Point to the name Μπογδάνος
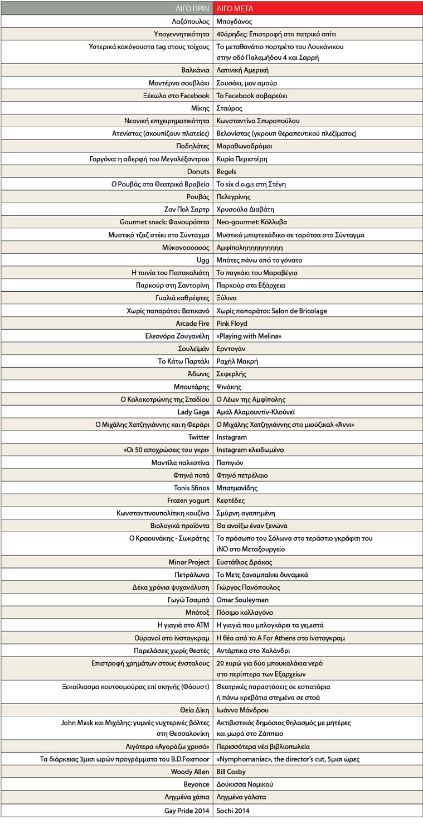(x=234, y=22)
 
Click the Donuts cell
(x=198, y=171)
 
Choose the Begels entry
(x=226, y=171)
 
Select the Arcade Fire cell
(x=192, y=323)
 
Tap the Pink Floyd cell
(x=232, y=323)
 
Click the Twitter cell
(x=198, y=437)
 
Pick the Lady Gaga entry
(x=193, y=412)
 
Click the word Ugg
(x=203, y=260)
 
